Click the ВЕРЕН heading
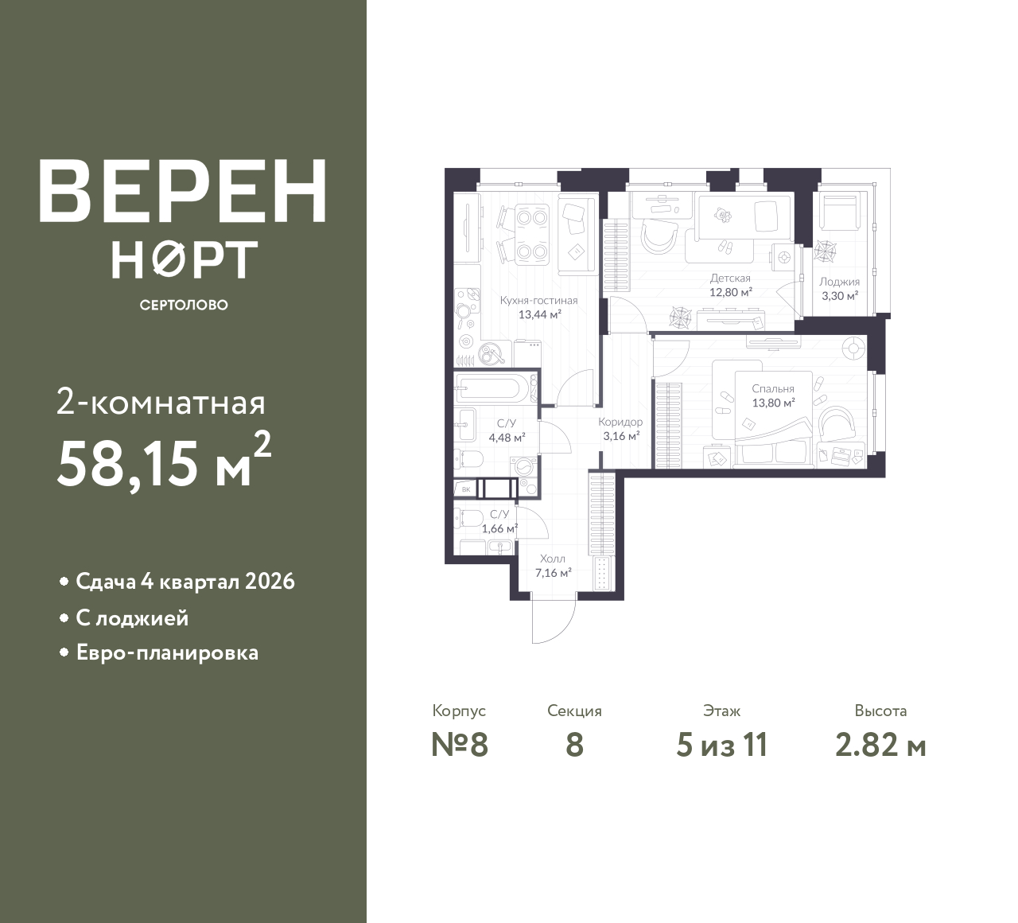(x=183, y=191)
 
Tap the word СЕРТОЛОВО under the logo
(x=184, y=305)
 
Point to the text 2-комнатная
(x=161, y=403)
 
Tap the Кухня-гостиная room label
(x=539, y=301)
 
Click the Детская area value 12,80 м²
(x=731, y=293)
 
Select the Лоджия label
(x=840, y=282)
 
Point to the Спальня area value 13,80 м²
(x=773, y=403)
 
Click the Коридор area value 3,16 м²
(x=621, y=435)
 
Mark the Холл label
(x=553, y=559)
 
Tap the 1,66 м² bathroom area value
(x=500, y=528)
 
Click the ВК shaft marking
(x=466, y=489)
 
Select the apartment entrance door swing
(x=554, y=621)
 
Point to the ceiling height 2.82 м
(x=881, y=746)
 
